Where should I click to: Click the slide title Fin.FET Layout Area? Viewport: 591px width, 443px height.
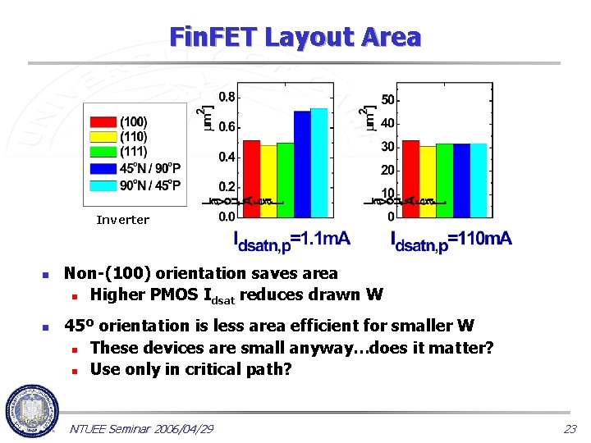pyautogui.click(x=295, y=37)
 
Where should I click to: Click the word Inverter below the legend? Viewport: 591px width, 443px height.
pyautogui.click(x=122, y=220)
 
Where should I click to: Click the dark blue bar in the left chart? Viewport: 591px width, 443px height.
pyautogui.click(x=302, y=164)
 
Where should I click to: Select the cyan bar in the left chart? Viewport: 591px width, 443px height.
pyautogui.click(x=318, y=162)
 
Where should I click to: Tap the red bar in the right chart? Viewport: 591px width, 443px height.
pyautogui.click(x=410, y=178)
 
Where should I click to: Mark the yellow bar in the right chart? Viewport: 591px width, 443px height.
pyautogui.click(x=427, y=181)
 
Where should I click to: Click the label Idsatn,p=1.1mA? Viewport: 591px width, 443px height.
pyautogui.click(x=292, y=240)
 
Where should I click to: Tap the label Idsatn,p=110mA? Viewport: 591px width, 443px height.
pyautogui.click(x=451, y=240)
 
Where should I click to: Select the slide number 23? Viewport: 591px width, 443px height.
pyautogui.click(x=570, y=429)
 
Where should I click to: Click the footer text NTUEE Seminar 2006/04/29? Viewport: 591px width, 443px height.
pyautogui.click(x=142, y=429)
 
